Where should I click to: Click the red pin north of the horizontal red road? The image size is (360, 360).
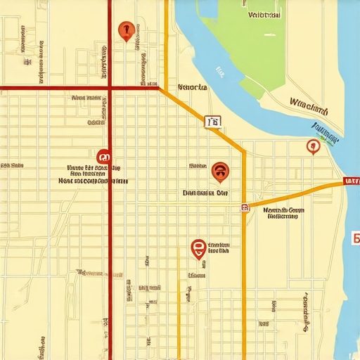[x=127, y=30]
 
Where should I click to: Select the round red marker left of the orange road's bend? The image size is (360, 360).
[x=220, y=170]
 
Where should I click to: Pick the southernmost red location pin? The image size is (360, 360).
[x=198, y=247]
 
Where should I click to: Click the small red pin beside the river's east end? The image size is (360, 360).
[x=313, y=146]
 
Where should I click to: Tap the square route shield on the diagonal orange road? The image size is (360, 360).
[x=213, y=122]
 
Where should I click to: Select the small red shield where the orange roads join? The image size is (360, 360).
[x=245, y=207]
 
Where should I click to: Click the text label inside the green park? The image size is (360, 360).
[x=264, y=14]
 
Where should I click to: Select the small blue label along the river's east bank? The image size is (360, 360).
[x=326, y=131]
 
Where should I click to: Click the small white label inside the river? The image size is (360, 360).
[x=220, y=71]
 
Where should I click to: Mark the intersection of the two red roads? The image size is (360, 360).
[x=110, y=88]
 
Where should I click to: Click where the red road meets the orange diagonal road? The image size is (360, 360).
[x=157, y=88]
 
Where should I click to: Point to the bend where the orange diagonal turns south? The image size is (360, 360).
[x=243, y=150]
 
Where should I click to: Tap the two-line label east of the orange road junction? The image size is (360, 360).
[x=283, y=213]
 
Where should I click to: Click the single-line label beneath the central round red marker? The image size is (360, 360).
[x=205, y=192]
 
